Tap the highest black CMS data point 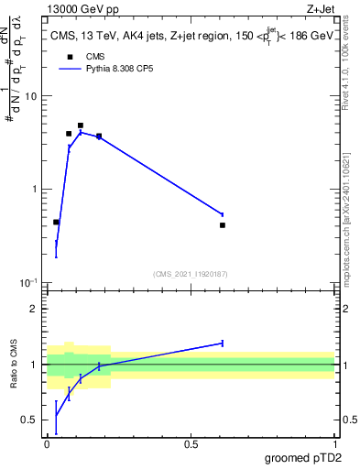pyautogui.click(x=81, y=125)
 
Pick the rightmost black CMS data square pyautogui.click(x=223, y=224)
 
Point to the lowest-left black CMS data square pyautogui.click(x=56, y=222)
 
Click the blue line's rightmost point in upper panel pyautogui.click(x=223, y=214)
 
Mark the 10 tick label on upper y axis pyautogui.click(x=30, y=96)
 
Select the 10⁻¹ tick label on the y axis pyautogui.click(x=29, y=282)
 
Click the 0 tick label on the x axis pyautogui.click(x=47, y=444)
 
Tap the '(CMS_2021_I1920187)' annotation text pyautogui.click(x=191, y=273)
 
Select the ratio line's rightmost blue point pyautogui.click(x=223, y=344)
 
